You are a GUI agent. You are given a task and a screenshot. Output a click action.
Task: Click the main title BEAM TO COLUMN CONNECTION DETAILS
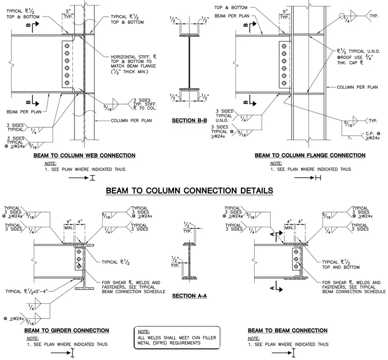point(189,191)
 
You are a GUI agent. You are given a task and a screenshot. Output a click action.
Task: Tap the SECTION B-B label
point(189,121)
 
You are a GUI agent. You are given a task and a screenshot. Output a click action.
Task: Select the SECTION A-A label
point(189,296)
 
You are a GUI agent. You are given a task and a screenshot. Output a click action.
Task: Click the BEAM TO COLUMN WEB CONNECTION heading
point(84,156)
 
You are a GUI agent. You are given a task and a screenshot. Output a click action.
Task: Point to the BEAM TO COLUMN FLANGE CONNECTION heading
point(310,155)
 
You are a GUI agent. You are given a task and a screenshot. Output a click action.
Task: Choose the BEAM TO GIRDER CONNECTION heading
point(66,330)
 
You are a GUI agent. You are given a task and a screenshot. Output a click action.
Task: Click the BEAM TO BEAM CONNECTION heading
point(287,330)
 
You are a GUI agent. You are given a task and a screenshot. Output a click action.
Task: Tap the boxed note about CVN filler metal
point(177,338)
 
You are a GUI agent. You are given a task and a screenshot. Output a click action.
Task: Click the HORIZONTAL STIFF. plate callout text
point(134,64)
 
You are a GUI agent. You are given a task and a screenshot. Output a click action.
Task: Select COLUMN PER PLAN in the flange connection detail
point(357,87)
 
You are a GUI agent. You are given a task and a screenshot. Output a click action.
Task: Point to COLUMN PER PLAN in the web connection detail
point(131,121)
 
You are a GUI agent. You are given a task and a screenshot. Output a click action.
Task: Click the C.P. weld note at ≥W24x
point(372,136)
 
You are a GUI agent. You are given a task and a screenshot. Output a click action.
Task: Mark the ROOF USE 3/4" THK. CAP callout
point(355,60)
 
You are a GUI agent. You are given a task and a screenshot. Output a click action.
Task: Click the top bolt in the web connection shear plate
point(67,46)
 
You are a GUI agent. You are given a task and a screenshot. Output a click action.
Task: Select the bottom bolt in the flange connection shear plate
point(284,83)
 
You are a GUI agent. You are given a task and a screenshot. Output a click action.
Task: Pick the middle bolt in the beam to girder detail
point(79,259)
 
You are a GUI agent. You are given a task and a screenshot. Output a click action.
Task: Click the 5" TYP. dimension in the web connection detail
point(68,14)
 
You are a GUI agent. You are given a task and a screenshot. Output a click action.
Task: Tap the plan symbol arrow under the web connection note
point(79,178)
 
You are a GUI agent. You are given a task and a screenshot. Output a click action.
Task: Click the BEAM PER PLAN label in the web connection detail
point(24,112)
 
